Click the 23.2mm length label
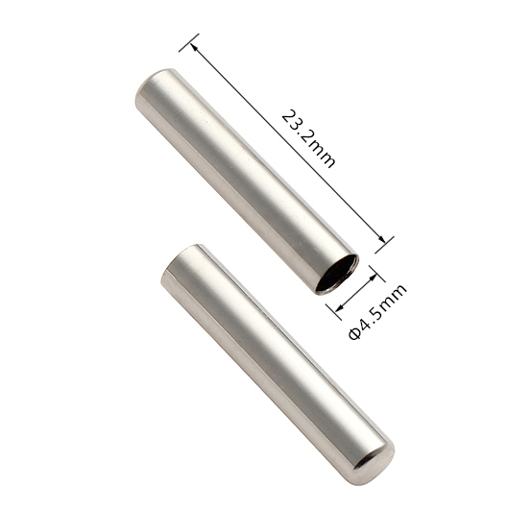308,138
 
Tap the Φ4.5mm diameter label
377,312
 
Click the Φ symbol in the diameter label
354,333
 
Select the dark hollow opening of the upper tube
338,274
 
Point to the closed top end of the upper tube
154,81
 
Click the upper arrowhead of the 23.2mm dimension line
193,47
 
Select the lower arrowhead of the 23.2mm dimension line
381,239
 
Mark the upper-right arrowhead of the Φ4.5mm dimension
373,278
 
